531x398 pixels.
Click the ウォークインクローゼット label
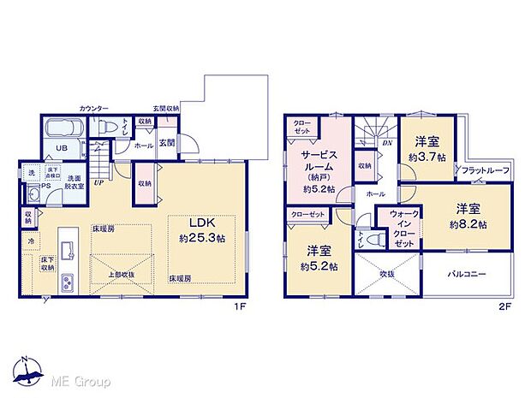click(402, 229)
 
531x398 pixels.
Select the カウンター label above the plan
click(93, 109)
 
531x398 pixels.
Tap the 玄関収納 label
click(166, 109)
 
